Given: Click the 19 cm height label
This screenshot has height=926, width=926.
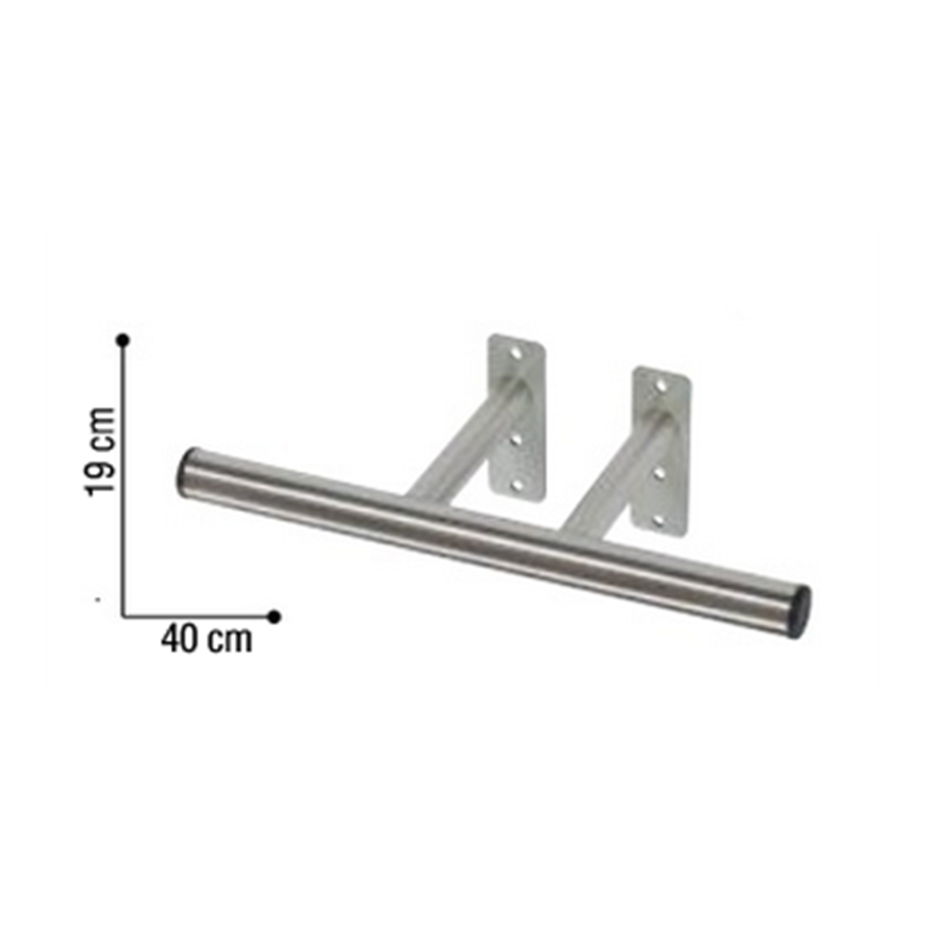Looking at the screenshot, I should pos(101,451).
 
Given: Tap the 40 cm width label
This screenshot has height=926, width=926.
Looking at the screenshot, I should pos(206,639).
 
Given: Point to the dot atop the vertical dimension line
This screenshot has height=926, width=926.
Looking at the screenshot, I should pos(123,340).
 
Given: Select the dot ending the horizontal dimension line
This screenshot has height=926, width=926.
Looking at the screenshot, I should pos(274,616).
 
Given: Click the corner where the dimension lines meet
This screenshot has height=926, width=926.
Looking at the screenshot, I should pos(123,616).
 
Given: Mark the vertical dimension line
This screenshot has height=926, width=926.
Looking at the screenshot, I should pos(123,479).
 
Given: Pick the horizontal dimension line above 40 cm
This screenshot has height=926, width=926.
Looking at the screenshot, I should pos(199,616).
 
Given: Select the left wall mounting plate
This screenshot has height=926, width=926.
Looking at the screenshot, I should pos(517,417).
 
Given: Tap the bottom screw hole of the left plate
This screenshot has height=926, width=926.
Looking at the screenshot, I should pos(517,484).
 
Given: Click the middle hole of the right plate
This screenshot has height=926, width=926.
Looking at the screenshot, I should pos(660,473).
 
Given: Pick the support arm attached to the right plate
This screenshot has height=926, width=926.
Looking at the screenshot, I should pos(615,484).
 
